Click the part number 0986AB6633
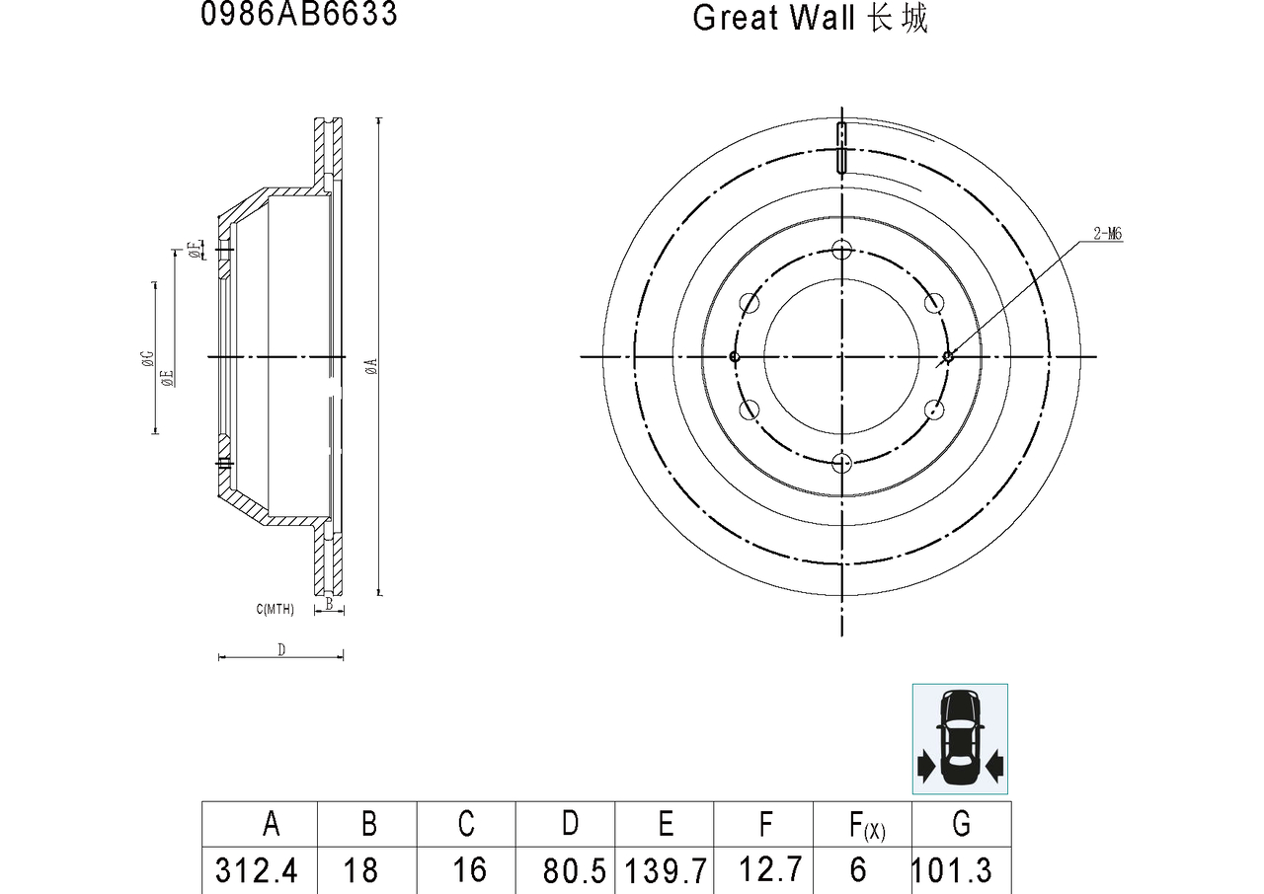[299, 15]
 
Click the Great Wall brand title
[810, 18]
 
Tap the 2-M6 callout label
[1107, 234]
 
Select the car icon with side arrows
[960, 738]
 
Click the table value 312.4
[257, 870]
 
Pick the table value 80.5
[574, 870]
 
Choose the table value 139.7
[666, 870]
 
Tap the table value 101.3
[952, 870]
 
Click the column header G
[961, 823]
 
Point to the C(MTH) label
[275, 610]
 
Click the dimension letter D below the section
[281, 649]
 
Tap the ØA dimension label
[370, 367]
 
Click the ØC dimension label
[146, 357]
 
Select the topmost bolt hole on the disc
[841, 249]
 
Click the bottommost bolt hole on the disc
[841, 463]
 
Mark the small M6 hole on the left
[733, 356]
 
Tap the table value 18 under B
[361, 870]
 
